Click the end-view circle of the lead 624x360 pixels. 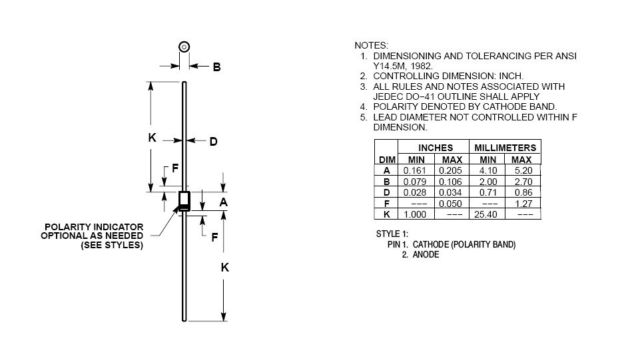(184, 47)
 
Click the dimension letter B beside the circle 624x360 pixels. (216, 67)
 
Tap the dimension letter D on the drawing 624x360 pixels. (213, 141)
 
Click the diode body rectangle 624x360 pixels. (184, 201)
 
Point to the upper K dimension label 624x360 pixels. (152, 138)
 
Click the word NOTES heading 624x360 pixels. (371, 45)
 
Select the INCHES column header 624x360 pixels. (435, 148)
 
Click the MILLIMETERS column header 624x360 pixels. (505, 148)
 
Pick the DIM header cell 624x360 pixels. (387, 160)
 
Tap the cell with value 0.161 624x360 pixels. (416, 170)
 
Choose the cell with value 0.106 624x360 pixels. (452, 182)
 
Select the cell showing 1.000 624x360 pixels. (416, 214)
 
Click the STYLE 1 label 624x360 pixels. (392, 234)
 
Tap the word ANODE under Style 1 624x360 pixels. (426, 255)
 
